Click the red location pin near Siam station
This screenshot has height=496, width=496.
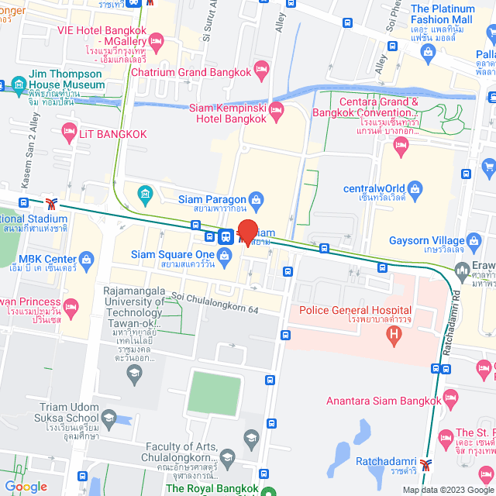pos(247,231)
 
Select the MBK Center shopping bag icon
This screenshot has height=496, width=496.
pos(85,258)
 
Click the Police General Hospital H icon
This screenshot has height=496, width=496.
pos(394,336)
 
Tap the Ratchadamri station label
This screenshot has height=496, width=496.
pos(387,461)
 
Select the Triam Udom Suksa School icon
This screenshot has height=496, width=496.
pos(108,418)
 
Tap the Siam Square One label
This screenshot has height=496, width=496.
pos(172,255)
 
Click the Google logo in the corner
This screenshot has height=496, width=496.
pos(26,487)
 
